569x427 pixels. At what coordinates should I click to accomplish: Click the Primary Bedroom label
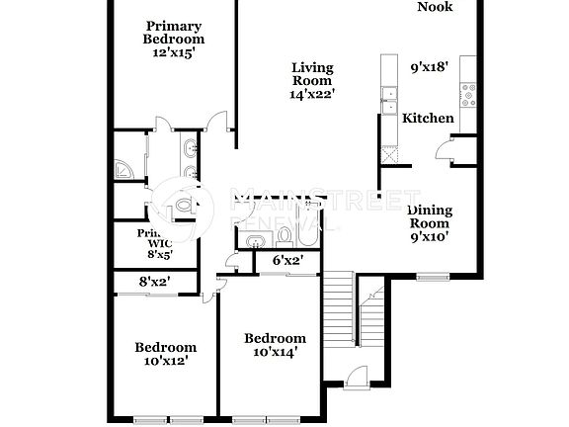point(174,33)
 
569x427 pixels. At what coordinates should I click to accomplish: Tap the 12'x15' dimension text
point(174,52)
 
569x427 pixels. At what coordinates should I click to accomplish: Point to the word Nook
point(435,7)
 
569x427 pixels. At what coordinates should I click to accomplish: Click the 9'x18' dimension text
point(430,68)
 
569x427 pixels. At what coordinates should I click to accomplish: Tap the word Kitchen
point(428,119)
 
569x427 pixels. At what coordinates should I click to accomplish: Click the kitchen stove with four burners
point(466,96)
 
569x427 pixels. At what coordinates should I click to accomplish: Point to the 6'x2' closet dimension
point(286,261)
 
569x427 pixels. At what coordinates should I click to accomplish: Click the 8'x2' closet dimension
point(155,282)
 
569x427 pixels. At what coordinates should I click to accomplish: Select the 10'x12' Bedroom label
point(165,354)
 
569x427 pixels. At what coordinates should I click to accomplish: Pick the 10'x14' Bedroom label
point(275,344)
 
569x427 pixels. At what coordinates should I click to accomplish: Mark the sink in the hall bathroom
point(256,240)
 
